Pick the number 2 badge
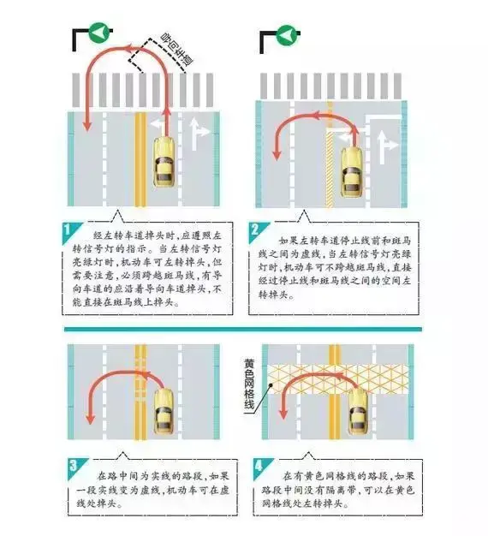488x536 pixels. coord(257,230)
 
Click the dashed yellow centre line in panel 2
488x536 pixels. coord(328,146)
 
